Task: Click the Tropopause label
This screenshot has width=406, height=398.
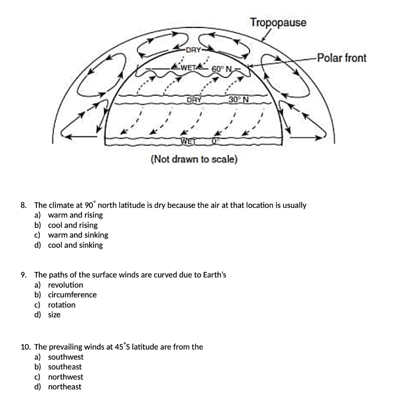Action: click(278, 23)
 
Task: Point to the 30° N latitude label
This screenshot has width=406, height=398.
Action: click(238, 99)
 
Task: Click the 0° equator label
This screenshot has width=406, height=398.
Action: click(215, 141)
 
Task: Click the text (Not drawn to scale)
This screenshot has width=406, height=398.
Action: click(194, 159)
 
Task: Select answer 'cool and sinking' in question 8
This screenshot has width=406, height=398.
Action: click(75, 245)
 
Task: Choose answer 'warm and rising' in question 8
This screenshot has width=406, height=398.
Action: click(75, 215)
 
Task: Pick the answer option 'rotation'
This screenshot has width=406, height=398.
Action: click(61, 305)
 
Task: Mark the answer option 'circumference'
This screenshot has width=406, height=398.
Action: click(72, 295)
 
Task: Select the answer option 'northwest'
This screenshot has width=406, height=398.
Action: click(65, 377)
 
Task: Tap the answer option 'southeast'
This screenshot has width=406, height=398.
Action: click(65, 367)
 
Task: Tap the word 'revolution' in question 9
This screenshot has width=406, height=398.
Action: click(65, 285)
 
